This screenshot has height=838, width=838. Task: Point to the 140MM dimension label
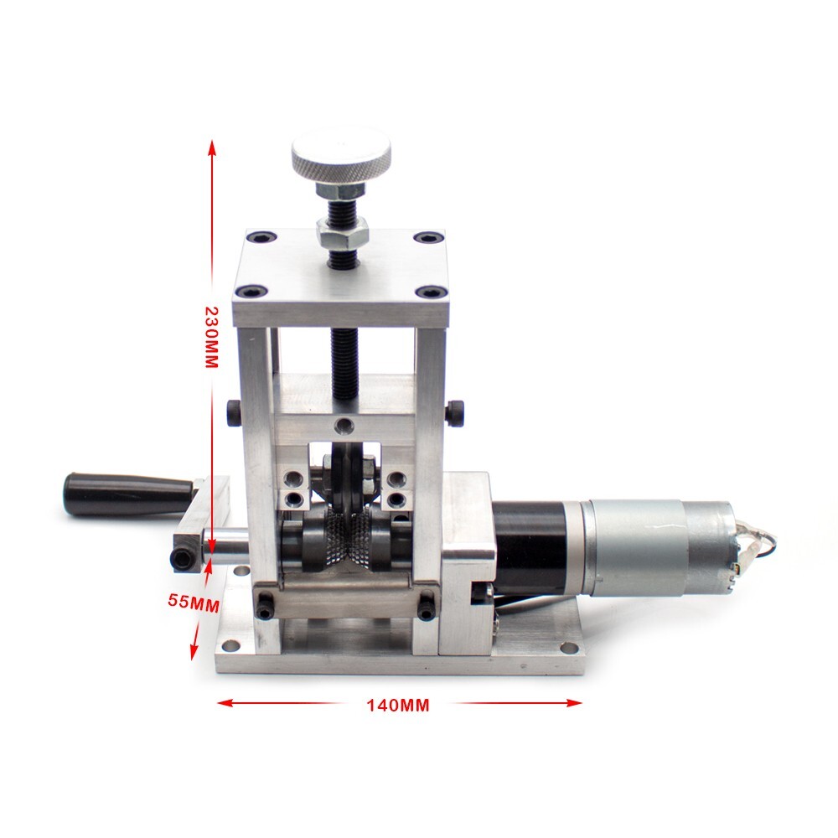click(397, 705)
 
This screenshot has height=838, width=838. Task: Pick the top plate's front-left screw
click(248, 292)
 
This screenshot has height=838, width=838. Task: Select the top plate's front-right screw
click(432, 292)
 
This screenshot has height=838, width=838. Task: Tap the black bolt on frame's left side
click(231, 411)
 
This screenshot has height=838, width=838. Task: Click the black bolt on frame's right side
click(455, 411)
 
